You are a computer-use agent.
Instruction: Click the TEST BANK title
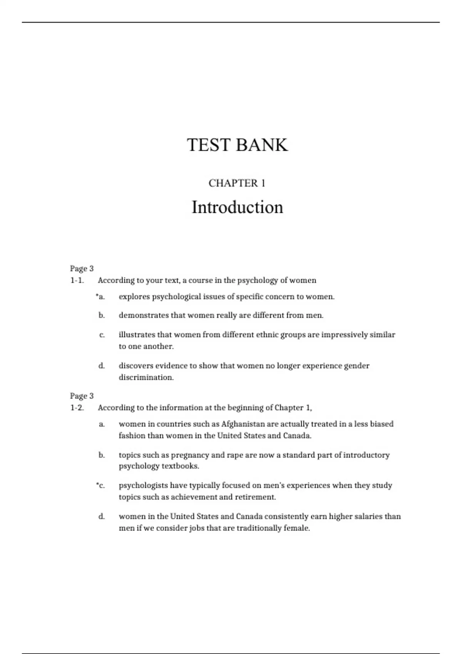tap(237, 145)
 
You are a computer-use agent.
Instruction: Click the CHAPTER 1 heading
tap(237, 183)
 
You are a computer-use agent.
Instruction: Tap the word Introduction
tap(237, 207)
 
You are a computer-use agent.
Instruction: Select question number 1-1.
tap(77, 280)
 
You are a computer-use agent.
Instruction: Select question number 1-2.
tap(77, 408)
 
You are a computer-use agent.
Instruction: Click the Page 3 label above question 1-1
tap(82, 269)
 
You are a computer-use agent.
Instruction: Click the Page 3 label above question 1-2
tap(82, 396)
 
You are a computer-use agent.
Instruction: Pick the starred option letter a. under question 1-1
tap(101, 297)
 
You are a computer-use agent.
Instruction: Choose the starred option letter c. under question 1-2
tap(101, 485)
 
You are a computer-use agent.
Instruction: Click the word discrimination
tap(146, 377)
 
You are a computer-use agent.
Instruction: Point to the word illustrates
tap(137, 335)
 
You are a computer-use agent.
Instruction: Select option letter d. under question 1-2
tap(102, 516)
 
